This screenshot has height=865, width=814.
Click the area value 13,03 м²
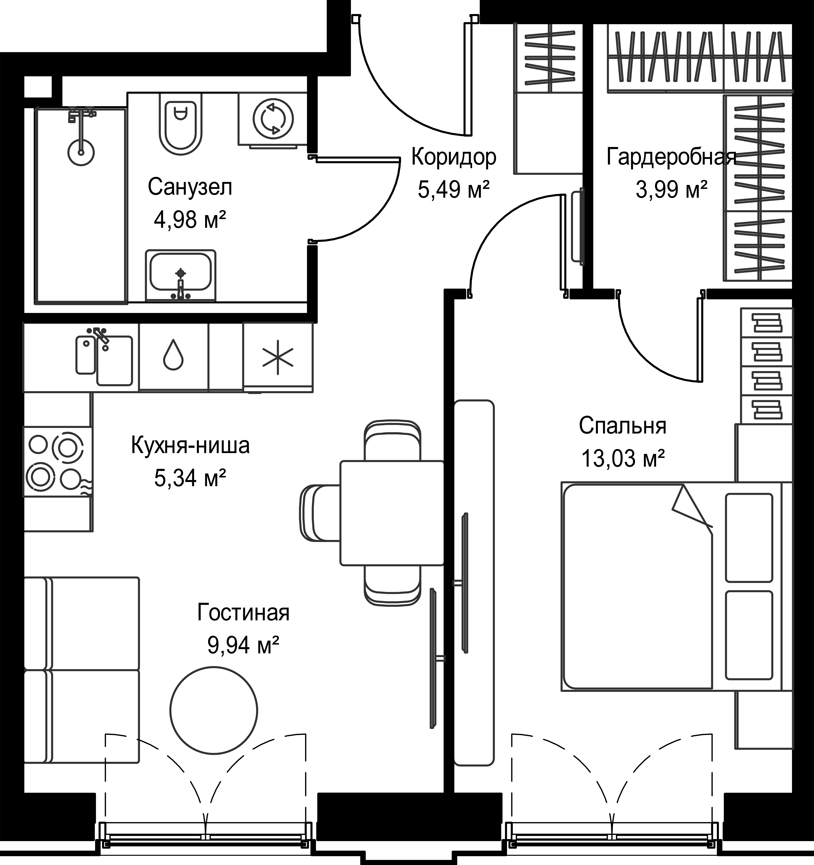point(623,458)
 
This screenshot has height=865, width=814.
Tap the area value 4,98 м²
point(190,220)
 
